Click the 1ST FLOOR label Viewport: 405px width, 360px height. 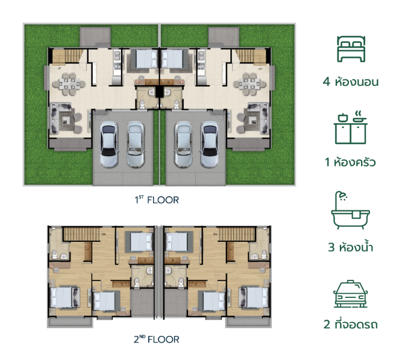(157, 200)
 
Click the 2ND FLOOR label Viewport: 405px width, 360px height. (157, 339)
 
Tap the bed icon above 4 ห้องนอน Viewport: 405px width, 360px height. (351, 49)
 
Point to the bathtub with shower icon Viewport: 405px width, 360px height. (351, 210)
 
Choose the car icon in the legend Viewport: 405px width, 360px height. (351, 294)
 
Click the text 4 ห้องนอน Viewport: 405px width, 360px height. (351, 81)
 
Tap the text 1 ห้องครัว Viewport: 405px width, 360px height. (350, 162)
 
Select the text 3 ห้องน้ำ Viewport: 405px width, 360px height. (351, 247)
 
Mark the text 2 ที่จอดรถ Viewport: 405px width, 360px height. (351, 324)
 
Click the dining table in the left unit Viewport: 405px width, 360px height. (69, 84)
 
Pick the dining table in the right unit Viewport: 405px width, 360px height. (250, 84)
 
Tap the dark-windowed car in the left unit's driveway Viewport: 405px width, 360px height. (108, 144)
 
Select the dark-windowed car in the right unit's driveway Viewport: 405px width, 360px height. (210, 144)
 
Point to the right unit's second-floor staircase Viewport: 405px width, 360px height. (236, 234)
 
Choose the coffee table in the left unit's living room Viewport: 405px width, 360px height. (65, 119)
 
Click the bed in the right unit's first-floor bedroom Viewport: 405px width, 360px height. (172, 58)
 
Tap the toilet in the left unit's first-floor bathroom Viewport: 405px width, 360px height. (142, 104)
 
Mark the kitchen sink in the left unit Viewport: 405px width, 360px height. (117, 55)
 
